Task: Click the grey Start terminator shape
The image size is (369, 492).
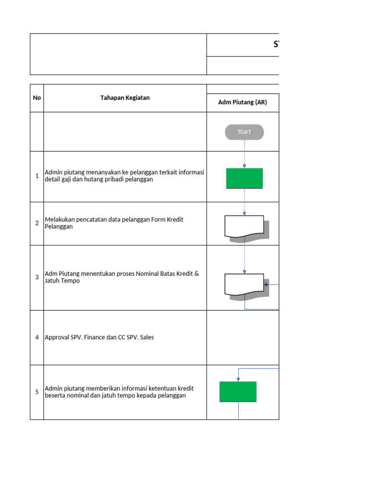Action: (x=244, y=132)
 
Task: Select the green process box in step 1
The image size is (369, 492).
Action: (x=245, y=178)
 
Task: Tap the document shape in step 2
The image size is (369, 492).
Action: (x=244, y=226)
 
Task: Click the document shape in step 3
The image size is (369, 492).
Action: (x=244, y=284)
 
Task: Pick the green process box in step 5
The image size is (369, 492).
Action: (x=238, y=392)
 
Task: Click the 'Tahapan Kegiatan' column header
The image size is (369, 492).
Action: (x=125, y=98)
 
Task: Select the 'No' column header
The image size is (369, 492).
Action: (x=37, y=98)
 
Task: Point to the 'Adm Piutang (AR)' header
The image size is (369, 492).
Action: (x=243, y=102)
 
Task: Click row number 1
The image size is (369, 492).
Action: (x=37, y=176)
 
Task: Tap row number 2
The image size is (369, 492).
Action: (x=37, y=223)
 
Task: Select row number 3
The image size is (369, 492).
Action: (x=37, y=277)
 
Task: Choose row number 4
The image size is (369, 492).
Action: (x=37, y=337)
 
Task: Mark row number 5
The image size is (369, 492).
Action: (x=37, y=392)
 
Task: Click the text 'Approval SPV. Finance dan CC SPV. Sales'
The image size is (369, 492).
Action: (x=99, y=337)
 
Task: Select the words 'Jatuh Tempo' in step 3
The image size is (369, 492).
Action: (x=62, y=281)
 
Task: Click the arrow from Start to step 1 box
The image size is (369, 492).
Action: (x=245, y=154)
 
